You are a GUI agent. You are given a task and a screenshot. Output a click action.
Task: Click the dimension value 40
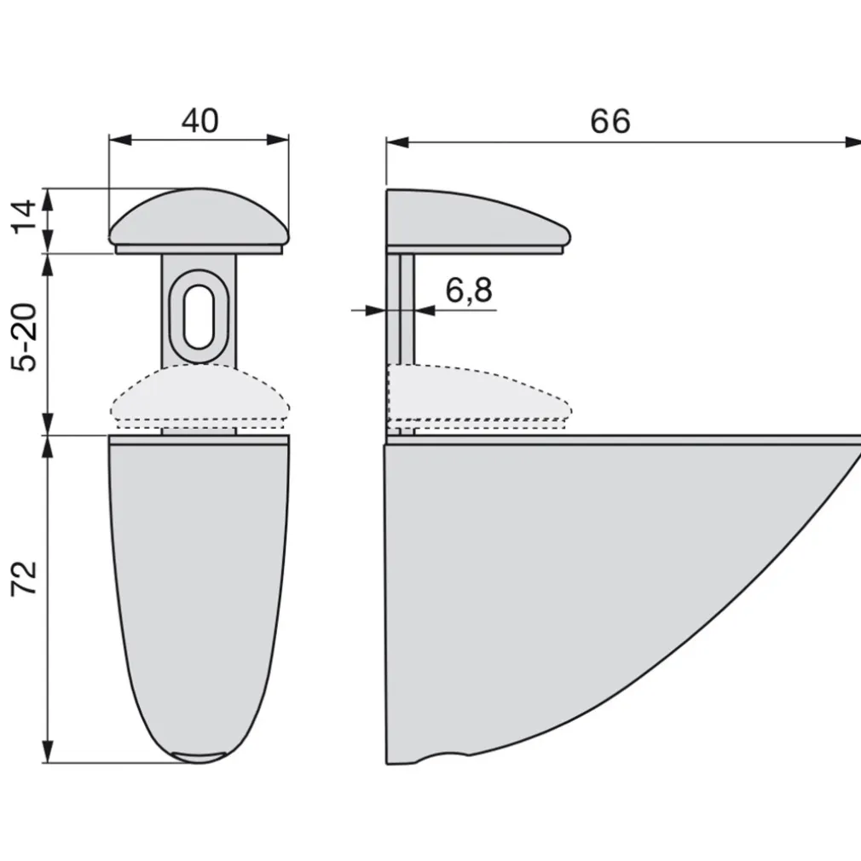(x=199, y=121)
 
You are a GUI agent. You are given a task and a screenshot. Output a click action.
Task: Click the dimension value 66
(x=610, y=122)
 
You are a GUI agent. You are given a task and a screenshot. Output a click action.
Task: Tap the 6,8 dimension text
(x=469, y=292)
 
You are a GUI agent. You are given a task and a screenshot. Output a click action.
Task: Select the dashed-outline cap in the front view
(x=199, y=399)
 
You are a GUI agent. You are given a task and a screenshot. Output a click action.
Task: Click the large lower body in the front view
(x=199, y=580)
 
